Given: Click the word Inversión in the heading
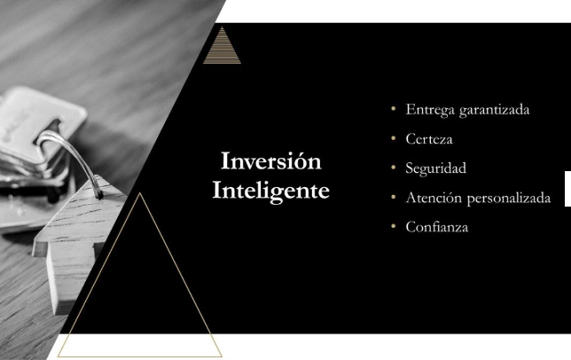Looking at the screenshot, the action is pos(271,160).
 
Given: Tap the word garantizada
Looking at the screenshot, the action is pos(494,110).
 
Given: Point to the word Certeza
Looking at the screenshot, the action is pos(429,139).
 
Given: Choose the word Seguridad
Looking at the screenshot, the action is pos(436,168).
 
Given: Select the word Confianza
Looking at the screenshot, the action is pos(437,227).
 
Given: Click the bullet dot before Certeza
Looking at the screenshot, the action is pos(394,138).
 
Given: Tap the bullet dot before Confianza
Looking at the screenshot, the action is pos(394,226).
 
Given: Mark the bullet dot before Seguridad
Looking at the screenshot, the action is pos(394,168).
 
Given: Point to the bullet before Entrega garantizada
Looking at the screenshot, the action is pos(394,108).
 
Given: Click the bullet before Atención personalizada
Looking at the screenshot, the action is pos(394,197).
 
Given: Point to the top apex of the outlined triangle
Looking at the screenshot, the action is pos(139,193).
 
